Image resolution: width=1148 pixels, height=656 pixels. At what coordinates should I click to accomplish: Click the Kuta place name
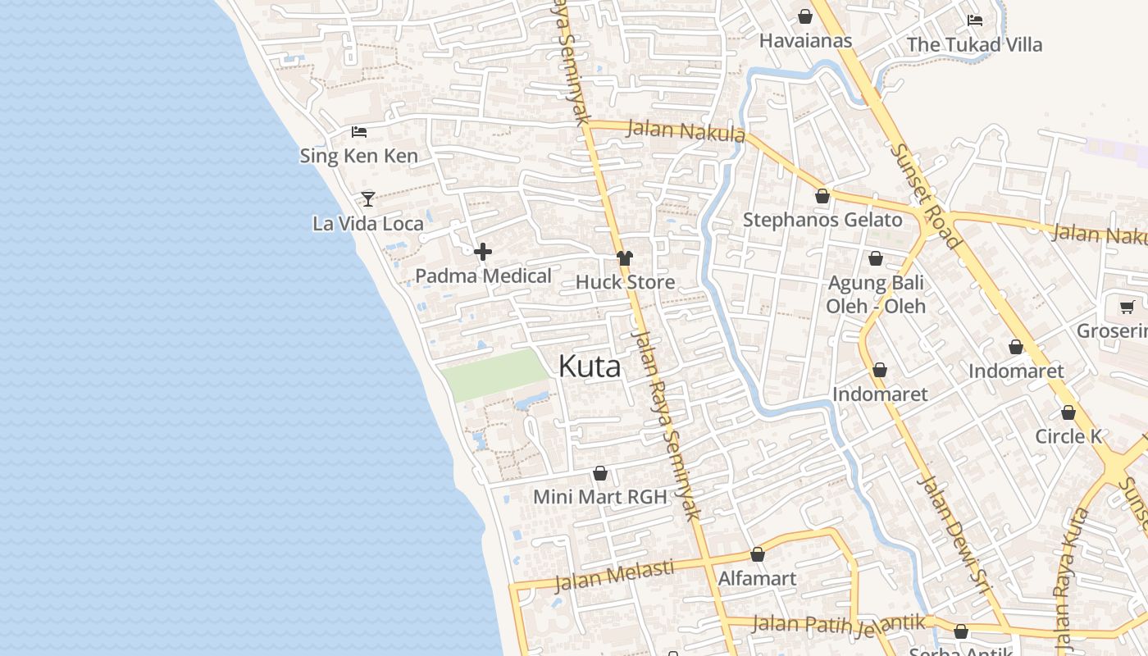pyautogui.click(x=590, y=367)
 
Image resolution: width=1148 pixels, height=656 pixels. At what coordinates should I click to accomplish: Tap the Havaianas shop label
pyautogui.click(x=805, y=40)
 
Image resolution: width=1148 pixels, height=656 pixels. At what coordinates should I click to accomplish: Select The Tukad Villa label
pyautogui.click(x=974, y=44)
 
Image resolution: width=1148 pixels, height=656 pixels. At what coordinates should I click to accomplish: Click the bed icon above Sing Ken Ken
pyautogui.click(x=358, y=131)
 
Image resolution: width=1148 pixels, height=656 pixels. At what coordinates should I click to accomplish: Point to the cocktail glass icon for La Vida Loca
pyautogui.click(x=368, y=198)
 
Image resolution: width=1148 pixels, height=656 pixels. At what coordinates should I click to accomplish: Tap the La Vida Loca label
pyautogui.click(x=368, y=223)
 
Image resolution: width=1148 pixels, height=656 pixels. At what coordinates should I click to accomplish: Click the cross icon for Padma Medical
pyautogui.click(x=483, y=252)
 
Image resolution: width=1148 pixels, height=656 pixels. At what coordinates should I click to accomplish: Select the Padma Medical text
pyautogui.click(x=483, y=276)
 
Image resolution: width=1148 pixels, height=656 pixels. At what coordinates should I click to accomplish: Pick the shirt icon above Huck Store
pyautogui.click(x=625, y=258)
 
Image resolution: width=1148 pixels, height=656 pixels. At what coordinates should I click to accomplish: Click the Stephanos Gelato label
pyautogui.click(x=822, y=220)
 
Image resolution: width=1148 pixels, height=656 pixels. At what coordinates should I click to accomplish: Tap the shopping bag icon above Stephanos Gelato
pyautogui.click(x=822, y=196)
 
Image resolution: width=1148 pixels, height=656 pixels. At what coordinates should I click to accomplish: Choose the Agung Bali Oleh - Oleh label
pyautogui.click(x=876, y=294)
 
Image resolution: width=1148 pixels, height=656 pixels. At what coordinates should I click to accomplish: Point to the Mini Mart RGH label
pyautogui.click(x=599, y=496)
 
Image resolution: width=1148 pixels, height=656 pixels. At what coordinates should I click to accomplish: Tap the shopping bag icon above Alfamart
pyautogui.click(x=758, y=554)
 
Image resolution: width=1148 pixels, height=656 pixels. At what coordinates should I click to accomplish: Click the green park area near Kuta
pyautogui.click(x=494, y=374)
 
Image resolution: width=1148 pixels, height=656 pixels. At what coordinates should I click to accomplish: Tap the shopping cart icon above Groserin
pyautogui.click(x=1127, y=307)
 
